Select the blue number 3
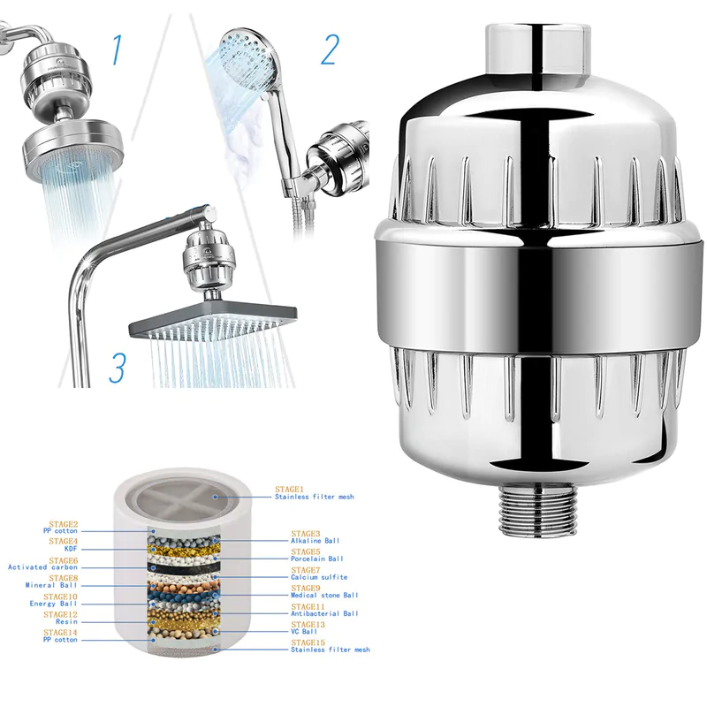[117, 367]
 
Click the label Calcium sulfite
[319, 577]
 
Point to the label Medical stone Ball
[324, 595]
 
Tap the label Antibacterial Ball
[324, 613]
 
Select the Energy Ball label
[54, 604]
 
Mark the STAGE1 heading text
[289, 489]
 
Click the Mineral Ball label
[51, 585]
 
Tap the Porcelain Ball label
[317, 559]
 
